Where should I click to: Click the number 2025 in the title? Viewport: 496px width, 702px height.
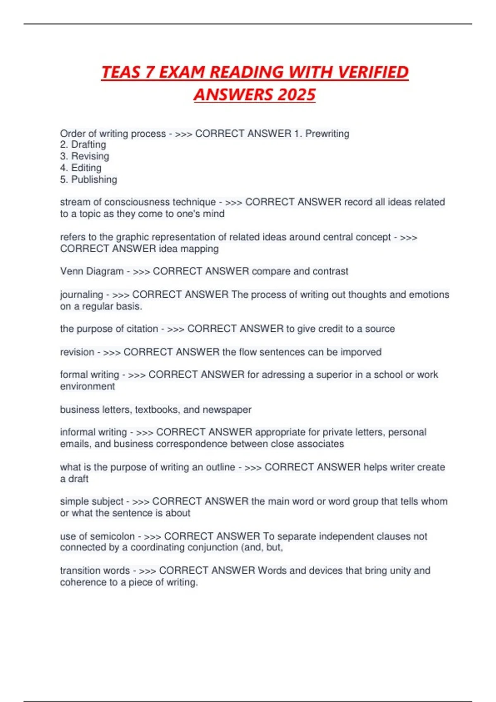click(x=296, y=95)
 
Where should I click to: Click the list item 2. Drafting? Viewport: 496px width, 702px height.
click(x=83, y=145)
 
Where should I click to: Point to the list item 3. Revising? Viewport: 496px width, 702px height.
click(x=85, y=156)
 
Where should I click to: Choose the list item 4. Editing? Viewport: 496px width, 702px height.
click(x=81, y=168)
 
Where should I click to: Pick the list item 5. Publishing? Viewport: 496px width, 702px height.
click(x=88, y=179)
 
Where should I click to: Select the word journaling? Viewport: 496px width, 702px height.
click(x=81, y=294)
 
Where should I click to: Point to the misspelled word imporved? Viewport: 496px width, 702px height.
click(x=361, y=352)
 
